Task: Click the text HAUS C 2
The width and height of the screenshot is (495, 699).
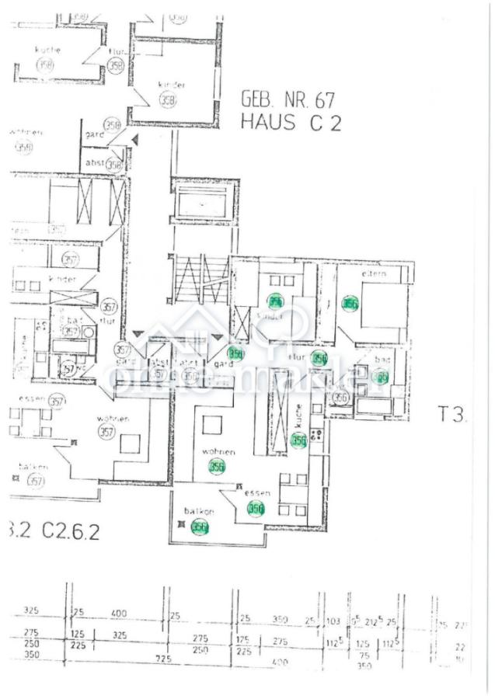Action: coord(290,123)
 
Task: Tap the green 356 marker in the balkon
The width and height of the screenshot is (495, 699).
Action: coord(200,528)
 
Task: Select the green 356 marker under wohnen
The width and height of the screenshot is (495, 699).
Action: coord(217,466)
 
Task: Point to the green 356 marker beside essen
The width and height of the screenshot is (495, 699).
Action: coord(256,509)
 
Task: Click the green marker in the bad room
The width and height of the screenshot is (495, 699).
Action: coord(381,377)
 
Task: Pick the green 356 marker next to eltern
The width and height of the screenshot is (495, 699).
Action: coord(350,304)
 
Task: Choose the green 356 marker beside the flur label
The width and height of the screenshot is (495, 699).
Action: coord(319,358)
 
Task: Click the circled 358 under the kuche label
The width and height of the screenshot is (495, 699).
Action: coord(47,66)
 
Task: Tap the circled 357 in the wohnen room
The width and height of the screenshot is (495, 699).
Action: coord(106,432)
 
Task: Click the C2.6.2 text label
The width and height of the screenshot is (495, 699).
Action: coord(72,531)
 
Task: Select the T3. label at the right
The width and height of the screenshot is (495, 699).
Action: coord(452,415)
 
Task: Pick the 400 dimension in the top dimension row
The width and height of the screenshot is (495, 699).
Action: coord(118,614)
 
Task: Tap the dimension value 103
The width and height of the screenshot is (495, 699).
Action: coord(334,621)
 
